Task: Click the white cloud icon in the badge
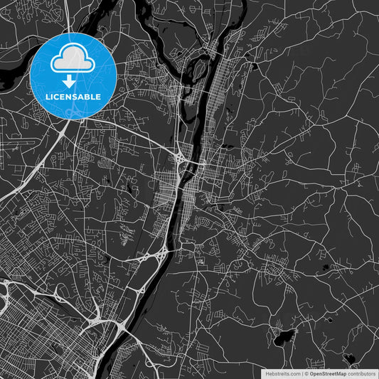coord(74,60)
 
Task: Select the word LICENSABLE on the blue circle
coord(74,96)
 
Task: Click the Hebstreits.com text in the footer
coord(282,373)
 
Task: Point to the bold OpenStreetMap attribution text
coord(329,373)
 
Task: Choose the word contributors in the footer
coord(362,373)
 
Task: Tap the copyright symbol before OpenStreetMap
coord(306,373)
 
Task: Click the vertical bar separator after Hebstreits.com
coord(301,373)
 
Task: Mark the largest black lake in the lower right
coord(285,335)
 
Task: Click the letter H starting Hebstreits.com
coord(267,373)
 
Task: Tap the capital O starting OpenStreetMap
coord(312,373)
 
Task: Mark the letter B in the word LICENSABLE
coord(87,96)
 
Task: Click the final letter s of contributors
coord(374,373)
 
